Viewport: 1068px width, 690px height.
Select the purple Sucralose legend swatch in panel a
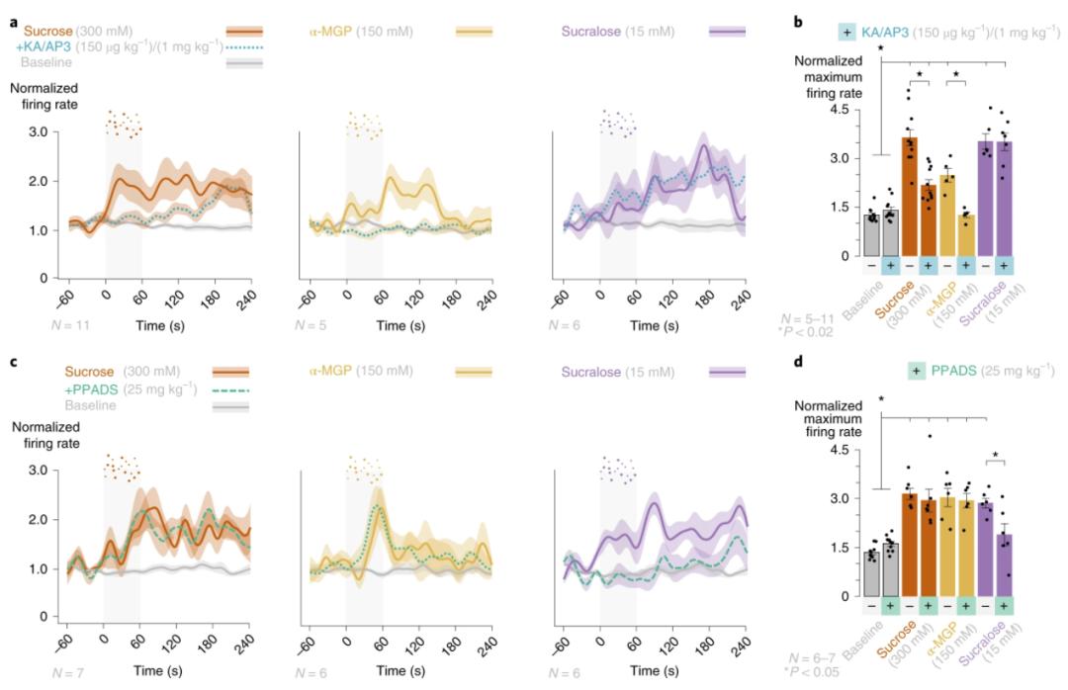[727, 32]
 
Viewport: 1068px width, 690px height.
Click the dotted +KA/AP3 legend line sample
[243, 46]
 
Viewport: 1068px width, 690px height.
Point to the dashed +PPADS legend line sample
[231, 389]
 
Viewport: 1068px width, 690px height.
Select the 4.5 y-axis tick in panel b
[853, 110]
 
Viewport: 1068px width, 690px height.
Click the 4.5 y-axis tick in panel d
[853, 449]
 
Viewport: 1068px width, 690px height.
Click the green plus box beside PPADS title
[919, 373]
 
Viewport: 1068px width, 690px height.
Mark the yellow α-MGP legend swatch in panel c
[473, 373]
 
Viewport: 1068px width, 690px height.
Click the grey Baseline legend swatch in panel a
[243, 62]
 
